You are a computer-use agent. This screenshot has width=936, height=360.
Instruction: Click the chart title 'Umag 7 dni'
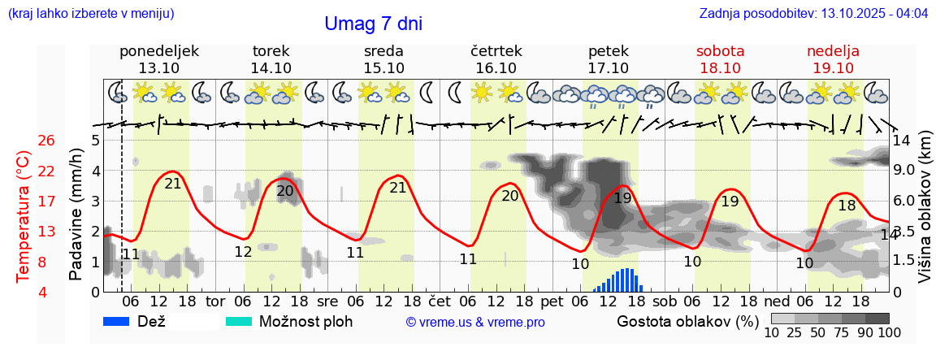[373, 24]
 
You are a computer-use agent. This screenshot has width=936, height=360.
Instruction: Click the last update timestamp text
[813, 14]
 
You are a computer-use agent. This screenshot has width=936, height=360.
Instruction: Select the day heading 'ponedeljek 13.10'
[158, 59]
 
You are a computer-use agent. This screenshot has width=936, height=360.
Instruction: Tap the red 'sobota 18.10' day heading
[720, 59]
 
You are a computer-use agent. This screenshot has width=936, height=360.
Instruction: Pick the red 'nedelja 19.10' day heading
[833, 59]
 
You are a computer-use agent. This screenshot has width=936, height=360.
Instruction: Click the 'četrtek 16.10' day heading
[496, 59]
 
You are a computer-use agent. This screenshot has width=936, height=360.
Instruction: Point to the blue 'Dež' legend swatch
[121, 321]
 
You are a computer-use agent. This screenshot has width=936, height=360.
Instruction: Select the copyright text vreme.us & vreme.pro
[475, 322]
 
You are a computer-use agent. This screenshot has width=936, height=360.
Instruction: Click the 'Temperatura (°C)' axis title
[24, 216]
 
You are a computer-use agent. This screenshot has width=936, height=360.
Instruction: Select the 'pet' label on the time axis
[552, 301]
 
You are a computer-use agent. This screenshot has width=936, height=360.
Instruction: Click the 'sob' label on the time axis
[665, 301]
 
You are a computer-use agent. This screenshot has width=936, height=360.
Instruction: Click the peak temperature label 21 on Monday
[173, 184]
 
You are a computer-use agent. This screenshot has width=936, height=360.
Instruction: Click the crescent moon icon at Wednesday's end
[427, 93]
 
